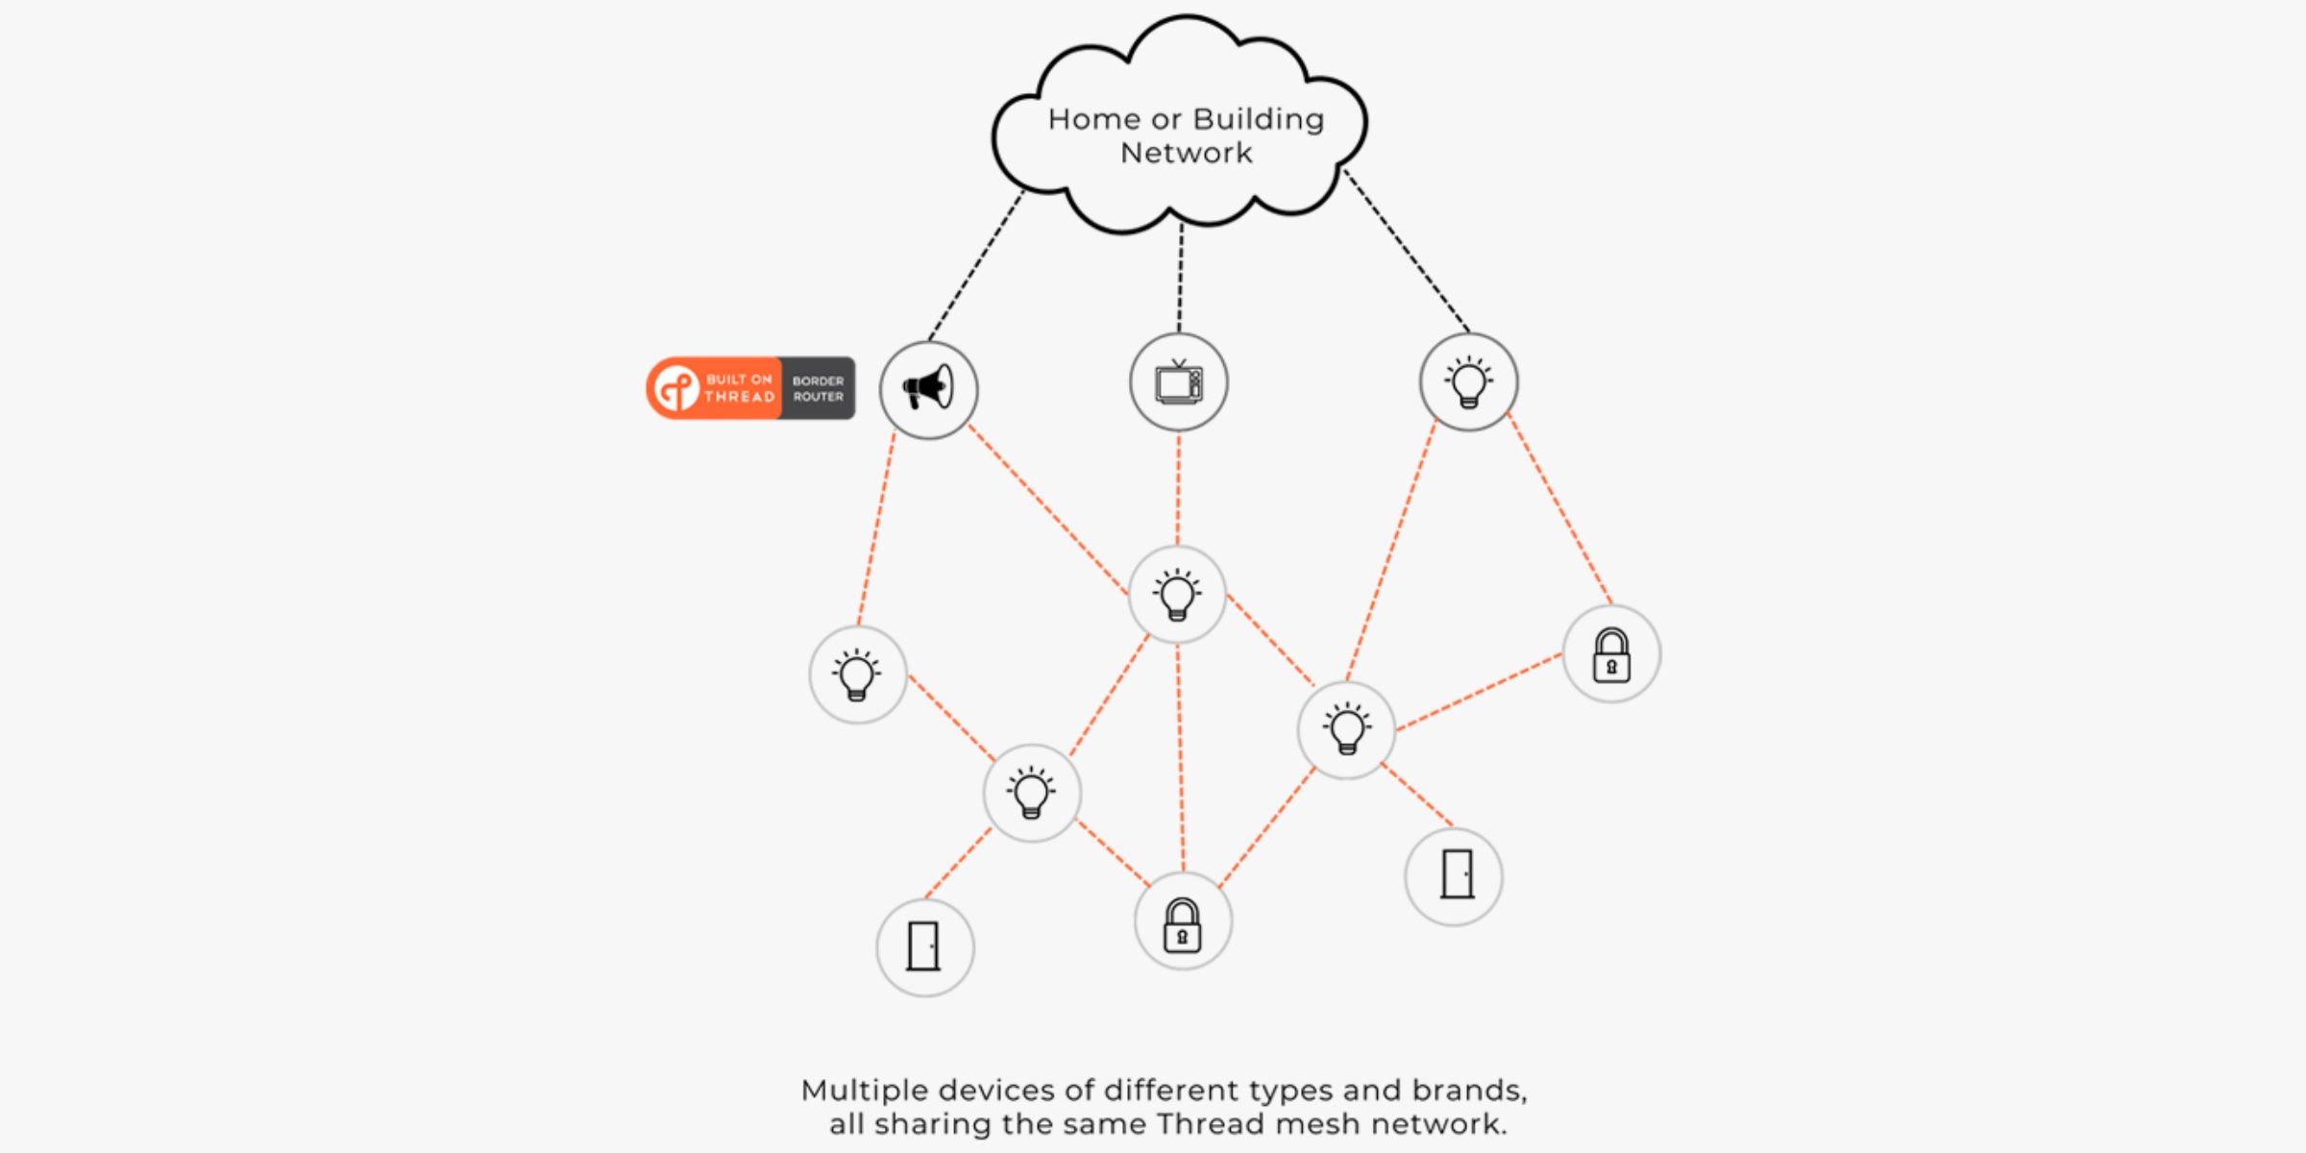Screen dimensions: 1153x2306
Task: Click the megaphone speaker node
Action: pyautogui.click(x=928, y=389)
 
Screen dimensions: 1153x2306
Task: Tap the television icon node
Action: pyautogui.click(x=1178, y=382)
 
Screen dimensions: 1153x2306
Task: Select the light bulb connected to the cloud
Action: pyautogui.click(x=1468, y=381)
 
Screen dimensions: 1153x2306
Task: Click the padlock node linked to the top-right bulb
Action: pyautogui.click(x=1611, y=654)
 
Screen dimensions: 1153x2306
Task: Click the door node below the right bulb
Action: pyautogui.click(x=1454, y=875)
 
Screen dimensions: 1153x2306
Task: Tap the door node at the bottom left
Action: pyautogui.click(x=924, y=947)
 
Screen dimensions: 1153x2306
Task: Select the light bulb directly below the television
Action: pyautogui.click(x=1177, y=595)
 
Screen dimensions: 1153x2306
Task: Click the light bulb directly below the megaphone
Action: pyautogui.click(x=857, y=675)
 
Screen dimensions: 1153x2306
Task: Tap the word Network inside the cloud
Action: pyautogui.click(x=1186, y=153)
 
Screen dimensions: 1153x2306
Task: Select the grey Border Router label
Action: pyautogui.click(x=818, y=388)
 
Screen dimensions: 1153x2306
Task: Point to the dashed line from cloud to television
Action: pyautogui.click(x=1180, y=279)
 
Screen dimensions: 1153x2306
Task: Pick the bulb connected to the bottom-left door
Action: pyautogui.click(x=1032, y=793)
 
